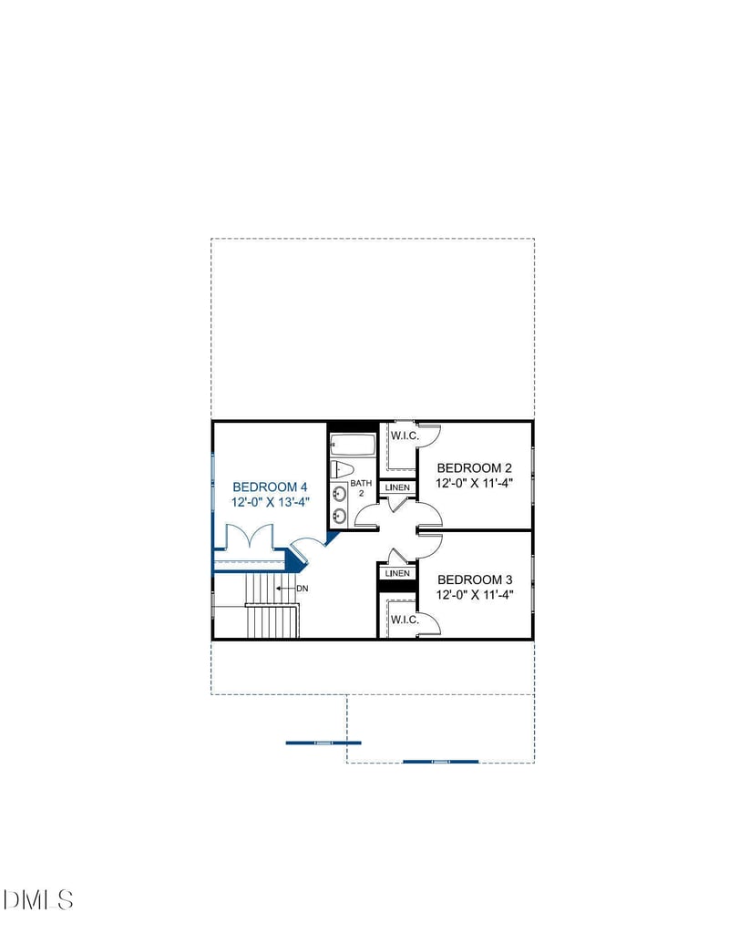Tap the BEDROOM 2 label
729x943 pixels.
tap(475, 467)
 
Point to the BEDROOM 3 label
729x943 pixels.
tap(475, 579)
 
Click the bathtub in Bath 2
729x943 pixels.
tap(353, 446)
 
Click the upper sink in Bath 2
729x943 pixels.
tap(339, 495)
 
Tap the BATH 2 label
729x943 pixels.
tap(362, 488)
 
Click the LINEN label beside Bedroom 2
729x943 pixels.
tap(398, 488)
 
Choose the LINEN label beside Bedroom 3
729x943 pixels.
tap(397, 574)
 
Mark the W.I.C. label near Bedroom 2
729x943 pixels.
tap(405, 436)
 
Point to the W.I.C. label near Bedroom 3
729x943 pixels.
tap(405, 620)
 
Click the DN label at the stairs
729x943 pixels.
tap(302, 589)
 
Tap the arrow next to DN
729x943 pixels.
tap(284, 589)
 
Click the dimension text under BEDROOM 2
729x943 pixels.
tap(475, 484)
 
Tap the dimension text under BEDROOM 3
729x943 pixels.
tap(475, 596)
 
